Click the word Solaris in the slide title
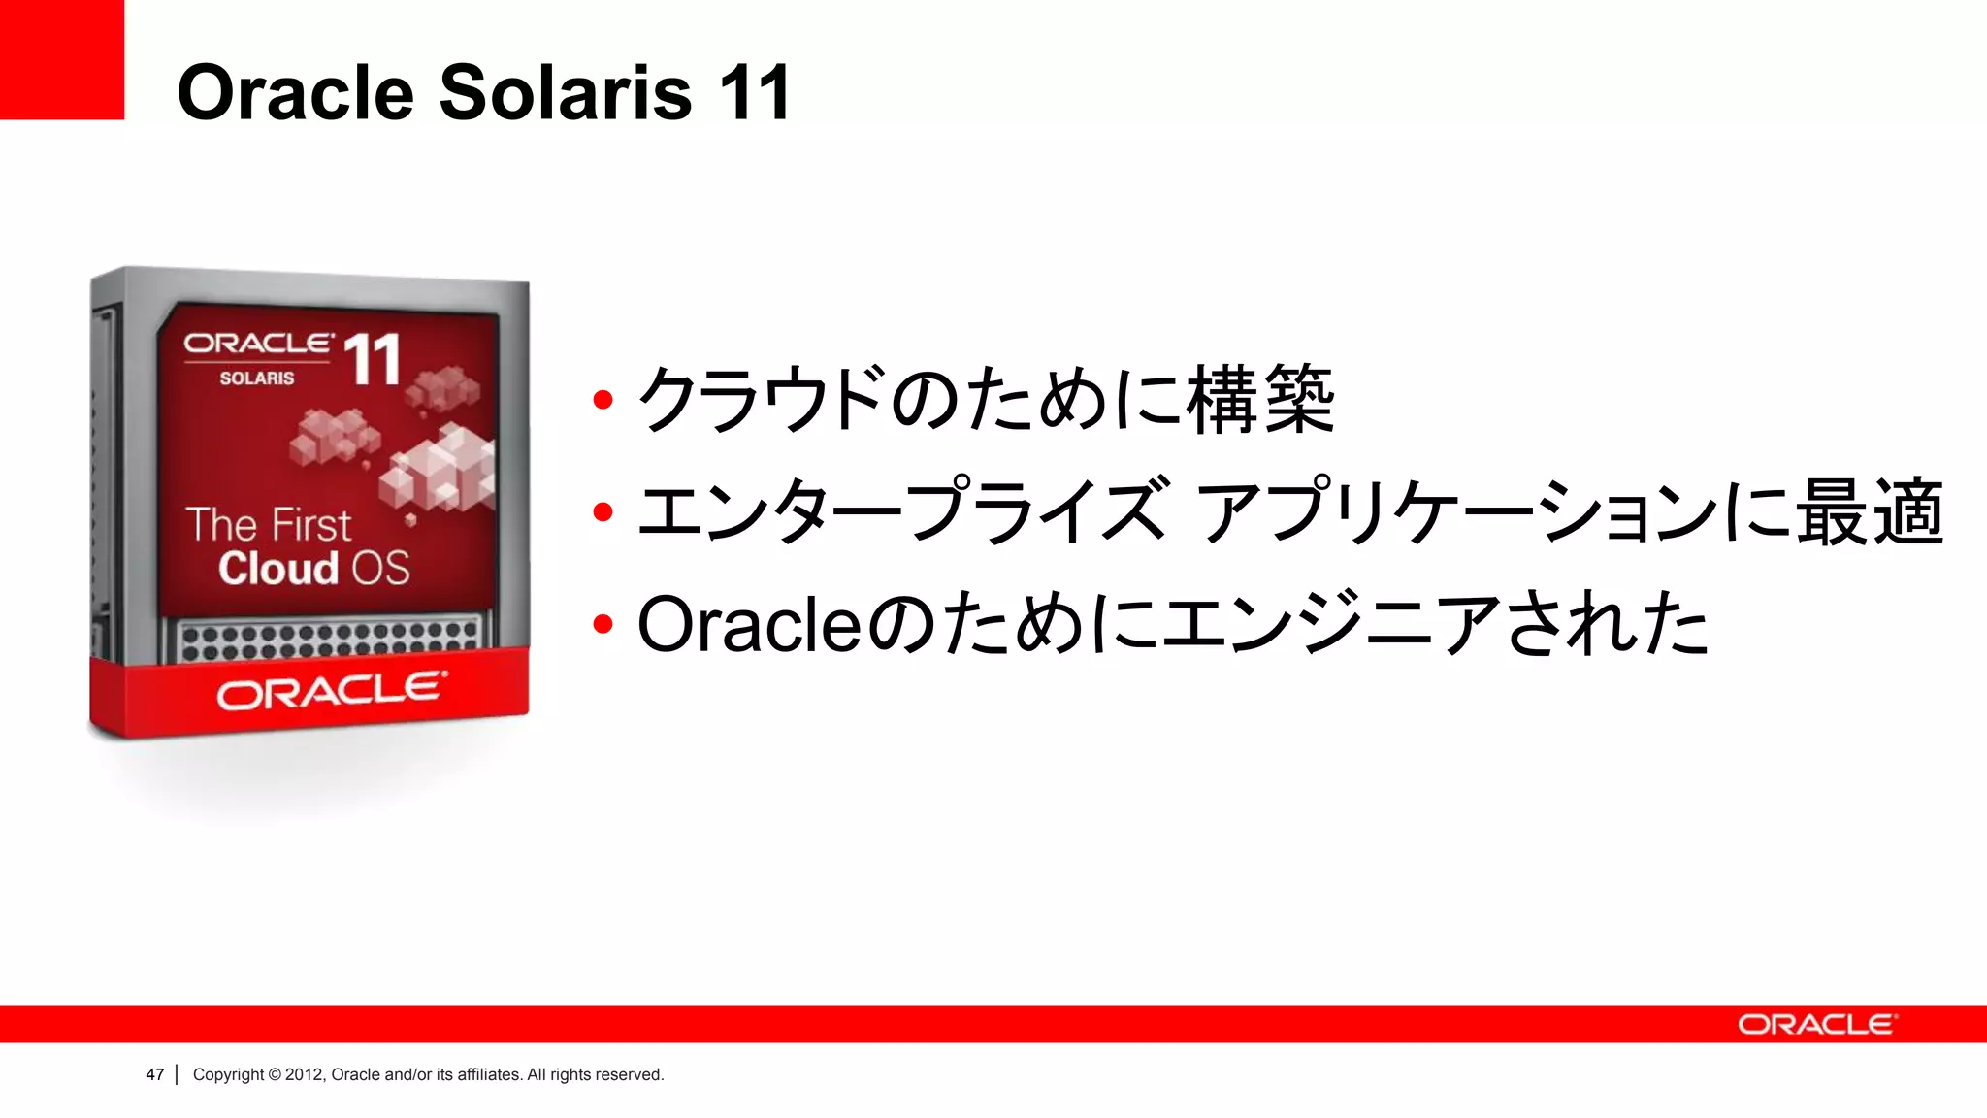[566, 92]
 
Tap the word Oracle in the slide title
[296, 92]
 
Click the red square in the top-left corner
[61, 59]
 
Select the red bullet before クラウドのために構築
[603, 399]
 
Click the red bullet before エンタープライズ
[603, 511]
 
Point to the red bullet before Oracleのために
[603, 624]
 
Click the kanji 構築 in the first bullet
[1260, 399]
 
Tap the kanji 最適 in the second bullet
[1870, 511]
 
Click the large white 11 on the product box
[372, 360]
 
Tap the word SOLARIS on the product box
[256, 378]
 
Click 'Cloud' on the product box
[278, 569]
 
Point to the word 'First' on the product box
[309, 525]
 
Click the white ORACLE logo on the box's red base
[332, 691]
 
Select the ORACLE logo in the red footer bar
[1816, 1025]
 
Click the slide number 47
[154, 1074]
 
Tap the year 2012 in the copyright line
[304, 1074]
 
